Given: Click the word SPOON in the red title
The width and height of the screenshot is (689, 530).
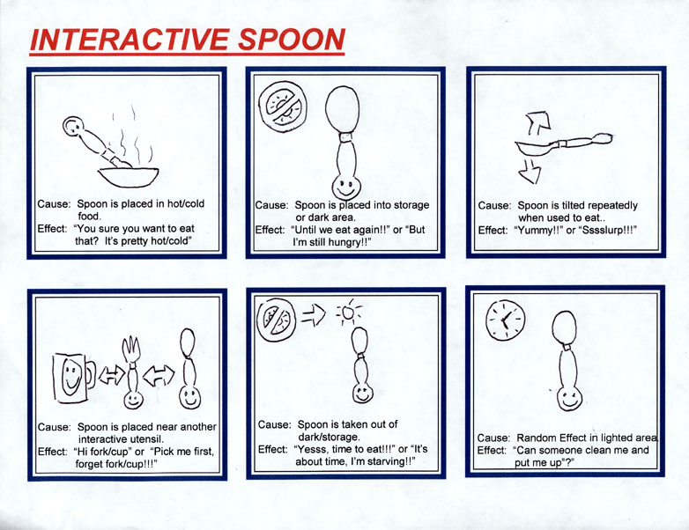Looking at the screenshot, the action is [x=292, y=40].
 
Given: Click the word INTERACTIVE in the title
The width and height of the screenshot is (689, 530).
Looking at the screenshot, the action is [x=130, y=40].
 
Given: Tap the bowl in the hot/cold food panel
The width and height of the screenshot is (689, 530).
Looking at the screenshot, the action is [x=129, y=177].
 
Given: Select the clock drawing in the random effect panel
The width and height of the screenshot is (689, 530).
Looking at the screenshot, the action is [x=506, y=320].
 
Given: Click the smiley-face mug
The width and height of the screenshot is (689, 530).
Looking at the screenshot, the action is [x=74, y=379].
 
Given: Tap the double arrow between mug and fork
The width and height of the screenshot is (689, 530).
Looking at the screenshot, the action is [x=112, y=375].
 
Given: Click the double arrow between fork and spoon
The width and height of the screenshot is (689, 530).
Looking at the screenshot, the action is [x=159, y=375].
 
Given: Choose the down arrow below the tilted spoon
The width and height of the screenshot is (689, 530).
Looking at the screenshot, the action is [x=530, y=172].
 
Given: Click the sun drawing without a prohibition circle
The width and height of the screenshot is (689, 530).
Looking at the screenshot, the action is [x=348, y=313].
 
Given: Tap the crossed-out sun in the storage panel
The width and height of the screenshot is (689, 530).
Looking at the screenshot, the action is [x=283, y=107].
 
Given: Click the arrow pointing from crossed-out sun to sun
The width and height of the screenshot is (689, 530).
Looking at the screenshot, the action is [x=314, y=315].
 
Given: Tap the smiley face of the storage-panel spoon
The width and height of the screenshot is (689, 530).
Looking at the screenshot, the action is [x=345, y=187].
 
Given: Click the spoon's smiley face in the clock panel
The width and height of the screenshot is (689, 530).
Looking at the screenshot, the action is [x=569, y=399].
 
